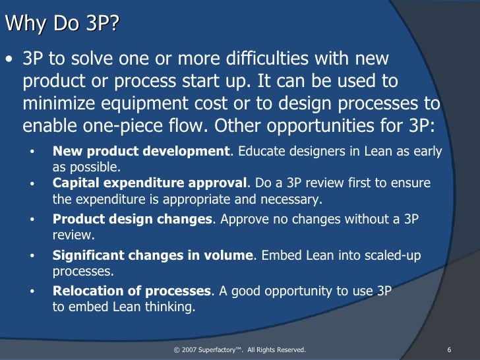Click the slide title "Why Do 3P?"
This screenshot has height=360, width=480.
(x=63, y=24)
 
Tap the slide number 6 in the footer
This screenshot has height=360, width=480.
(x=448, y=349)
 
